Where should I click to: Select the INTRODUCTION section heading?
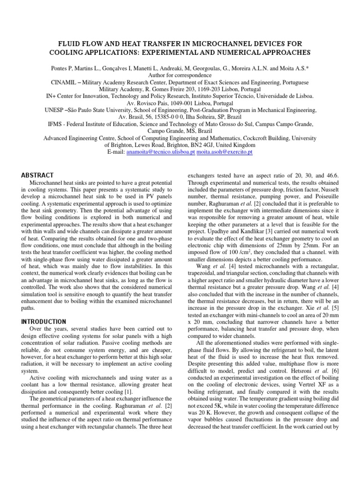44,322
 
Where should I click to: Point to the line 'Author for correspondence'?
180,75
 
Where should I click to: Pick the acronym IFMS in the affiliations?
56,125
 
